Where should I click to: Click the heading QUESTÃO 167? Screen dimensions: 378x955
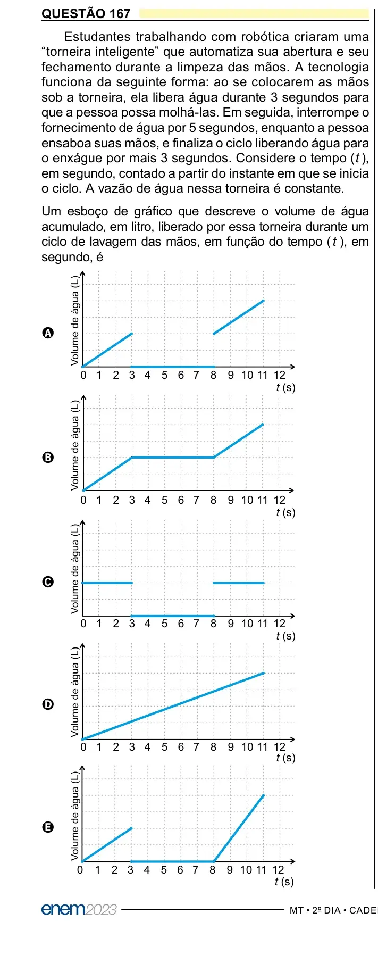click(86, 14)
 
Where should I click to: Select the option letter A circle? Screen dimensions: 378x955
click(48, 333)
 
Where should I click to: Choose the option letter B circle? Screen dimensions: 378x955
click(48, 458)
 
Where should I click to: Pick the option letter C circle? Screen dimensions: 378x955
click(48, 582)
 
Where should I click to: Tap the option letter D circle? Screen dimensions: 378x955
click(48, 704)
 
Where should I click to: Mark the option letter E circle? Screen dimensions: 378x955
click(48, 827)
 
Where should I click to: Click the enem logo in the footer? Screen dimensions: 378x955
click(63, 909)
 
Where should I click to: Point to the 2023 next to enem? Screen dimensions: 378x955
click(101, 909)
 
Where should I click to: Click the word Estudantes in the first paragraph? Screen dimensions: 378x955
click(97, 37)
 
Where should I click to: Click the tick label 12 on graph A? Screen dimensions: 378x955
click(280, 375)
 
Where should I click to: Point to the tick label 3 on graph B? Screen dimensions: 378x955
click(132, 500)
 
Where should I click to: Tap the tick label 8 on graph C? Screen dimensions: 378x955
click(214, 624)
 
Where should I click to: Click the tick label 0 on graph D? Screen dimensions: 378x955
click(83, 747)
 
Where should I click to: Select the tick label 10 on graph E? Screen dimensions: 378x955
click(246, 870)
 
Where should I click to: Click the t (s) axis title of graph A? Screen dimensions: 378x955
click(285, 387)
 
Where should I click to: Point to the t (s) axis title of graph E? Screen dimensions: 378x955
click(284, 882)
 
